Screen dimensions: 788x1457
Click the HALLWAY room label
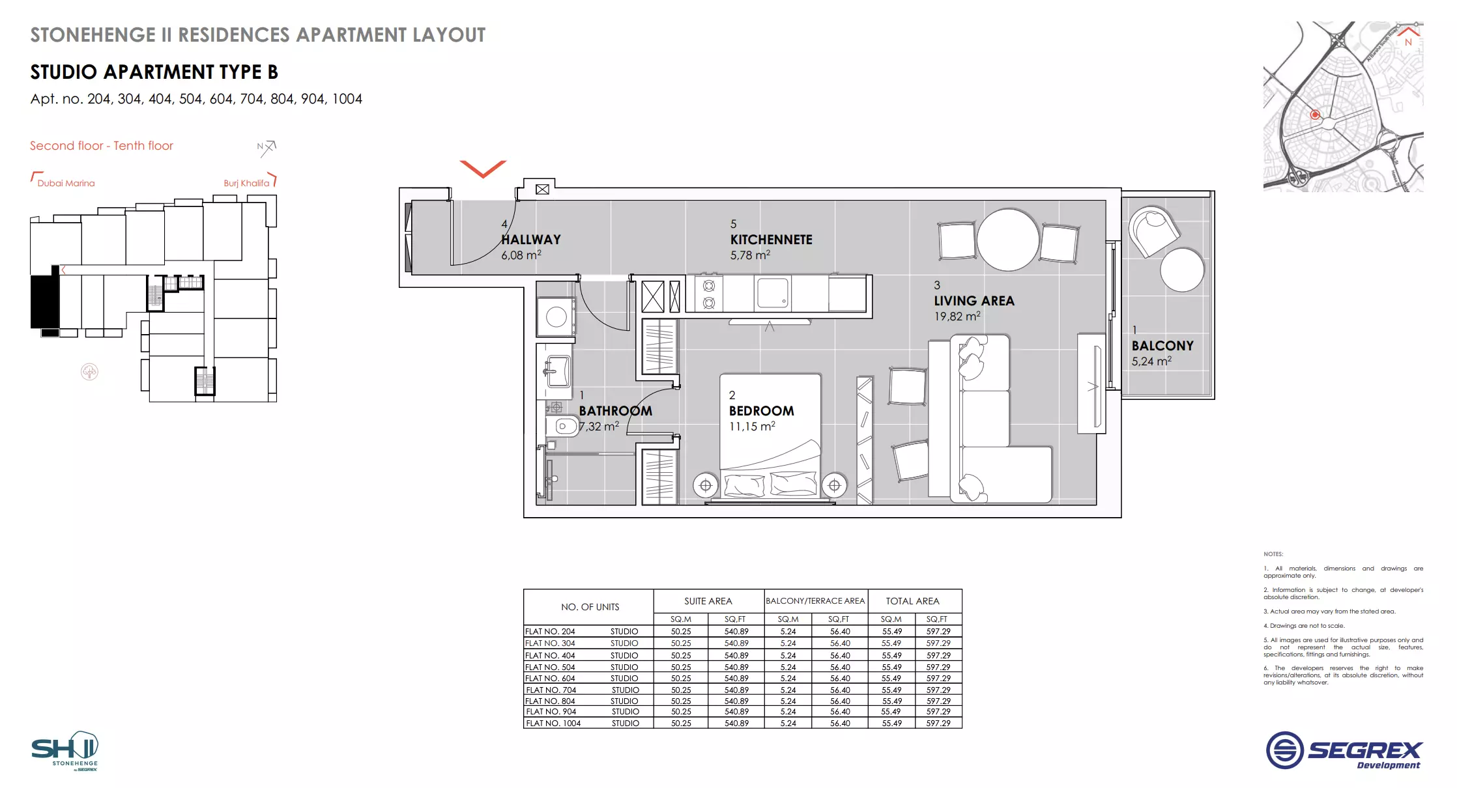click(x=530, y=240)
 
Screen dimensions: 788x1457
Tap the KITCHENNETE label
click(x=771, y=240)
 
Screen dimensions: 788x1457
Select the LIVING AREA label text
click(x=974, y=301)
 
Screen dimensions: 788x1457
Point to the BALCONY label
click(x=1162, y=346)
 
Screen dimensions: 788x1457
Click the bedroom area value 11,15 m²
click(x=752, y=427)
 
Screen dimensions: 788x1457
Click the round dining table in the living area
click(x=1007, y=239)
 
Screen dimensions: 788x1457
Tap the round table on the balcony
click(x=1181, y=270)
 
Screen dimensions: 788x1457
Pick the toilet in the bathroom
click(x=564, y=427)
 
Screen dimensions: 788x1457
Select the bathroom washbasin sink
click(x=556, y=372)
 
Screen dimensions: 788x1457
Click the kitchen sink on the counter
click(x=772, y=293)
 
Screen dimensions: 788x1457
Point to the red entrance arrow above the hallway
click(x=483, y=169)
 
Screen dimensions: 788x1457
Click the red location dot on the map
click(x=1315, y=115)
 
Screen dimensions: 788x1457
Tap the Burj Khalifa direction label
click(x=246, y=183)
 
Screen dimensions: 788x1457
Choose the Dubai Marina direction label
click(x=66, y=183)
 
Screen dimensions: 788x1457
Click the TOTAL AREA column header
click(x=912, y=601)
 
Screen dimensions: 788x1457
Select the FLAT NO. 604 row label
click(x=550, y=678)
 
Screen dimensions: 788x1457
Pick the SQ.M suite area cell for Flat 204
click(x=681, y=631)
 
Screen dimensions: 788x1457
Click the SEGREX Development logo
click(x=1344, y=751)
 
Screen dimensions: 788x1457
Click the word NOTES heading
click(x=1273, y=554)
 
